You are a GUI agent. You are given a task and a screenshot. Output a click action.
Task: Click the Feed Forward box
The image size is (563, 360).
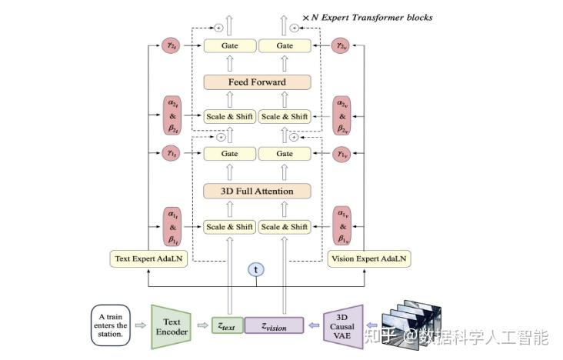click(x=257, y=82)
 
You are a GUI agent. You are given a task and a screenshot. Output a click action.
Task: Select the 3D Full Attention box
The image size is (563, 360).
click(x=257, y=190)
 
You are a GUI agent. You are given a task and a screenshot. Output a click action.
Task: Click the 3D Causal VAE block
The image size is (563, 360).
click(x=343, y=325)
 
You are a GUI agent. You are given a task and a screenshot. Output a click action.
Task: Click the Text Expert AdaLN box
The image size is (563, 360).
click(x=148, y=258)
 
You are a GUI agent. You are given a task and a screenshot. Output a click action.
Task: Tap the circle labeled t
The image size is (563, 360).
click(x=257, y=269)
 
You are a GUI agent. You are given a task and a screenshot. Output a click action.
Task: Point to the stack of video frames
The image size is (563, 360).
click(x=412, y=315)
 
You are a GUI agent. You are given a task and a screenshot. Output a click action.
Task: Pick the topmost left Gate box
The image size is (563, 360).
click(x=229, y=46)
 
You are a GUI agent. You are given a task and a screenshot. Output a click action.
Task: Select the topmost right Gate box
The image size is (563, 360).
click(x=285, y=46)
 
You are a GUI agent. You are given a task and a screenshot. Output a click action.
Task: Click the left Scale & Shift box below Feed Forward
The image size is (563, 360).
click(x=229, y=117)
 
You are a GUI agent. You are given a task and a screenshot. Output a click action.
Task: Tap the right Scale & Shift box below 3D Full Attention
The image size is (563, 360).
click(x=285, y=227)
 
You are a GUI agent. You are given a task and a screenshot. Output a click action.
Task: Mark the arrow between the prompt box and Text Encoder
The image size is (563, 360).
click(x=140, y=325)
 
